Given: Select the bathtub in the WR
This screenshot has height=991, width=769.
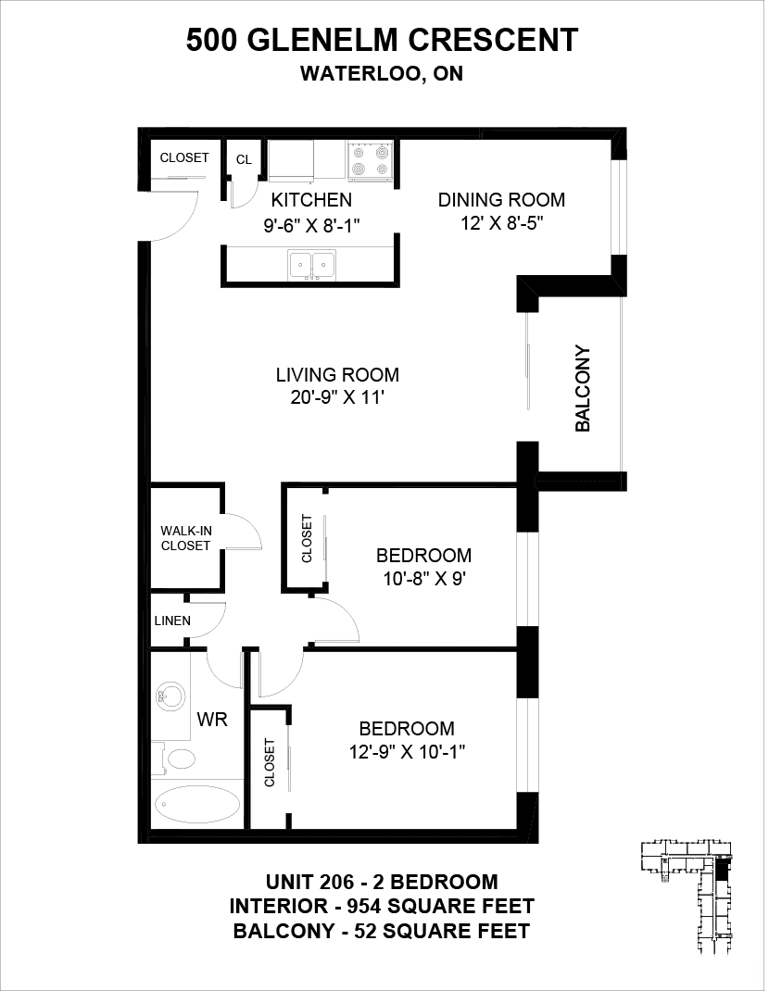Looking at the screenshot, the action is (x=198, y=803).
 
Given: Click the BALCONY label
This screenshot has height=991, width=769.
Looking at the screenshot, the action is (x=583, y=388).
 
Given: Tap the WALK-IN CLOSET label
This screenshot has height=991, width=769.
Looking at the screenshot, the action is (x=185, y=538).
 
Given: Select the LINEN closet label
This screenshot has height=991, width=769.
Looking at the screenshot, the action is (x=172, y=621).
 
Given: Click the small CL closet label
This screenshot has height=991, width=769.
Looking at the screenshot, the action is (x=244, y=160).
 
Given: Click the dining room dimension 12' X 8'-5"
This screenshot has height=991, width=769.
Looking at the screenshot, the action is (x=502, y=223).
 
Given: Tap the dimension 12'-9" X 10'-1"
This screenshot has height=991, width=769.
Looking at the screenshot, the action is (x=408, y=752).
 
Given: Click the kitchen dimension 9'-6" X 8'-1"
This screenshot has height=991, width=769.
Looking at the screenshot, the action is (x=312, y=224).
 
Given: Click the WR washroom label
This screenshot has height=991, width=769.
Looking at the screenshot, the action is (x=212, y=719).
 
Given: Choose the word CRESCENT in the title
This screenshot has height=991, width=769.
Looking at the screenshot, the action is (x=493, y=40).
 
